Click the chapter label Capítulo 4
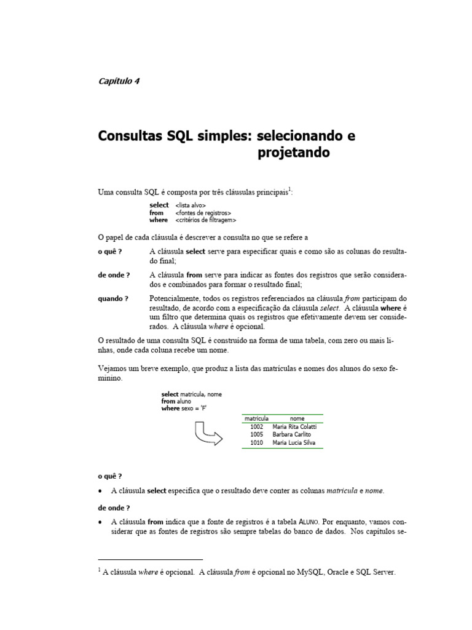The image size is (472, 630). click(119, 81)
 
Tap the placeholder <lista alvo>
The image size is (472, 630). click(191, 205)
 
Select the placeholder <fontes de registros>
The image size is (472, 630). click(203, 213)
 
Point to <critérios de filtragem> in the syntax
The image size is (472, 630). click(205, 220)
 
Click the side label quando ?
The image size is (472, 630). click(113, 298)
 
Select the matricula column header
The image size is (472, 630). click(256, 418)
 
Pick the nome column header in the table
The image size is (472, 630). click(297, 418)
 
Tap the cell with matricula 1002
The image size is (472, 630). click(256, 426)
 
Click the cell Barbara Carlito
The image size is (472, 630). click(294, 434)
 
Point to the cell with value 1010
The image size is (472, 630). click(256, 442)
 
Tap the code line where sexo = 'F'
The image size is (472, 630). click(188, 409)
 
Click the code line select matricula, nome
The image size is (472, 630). click(191, 394)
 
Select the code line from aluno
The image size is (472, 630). click(176, 401)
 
